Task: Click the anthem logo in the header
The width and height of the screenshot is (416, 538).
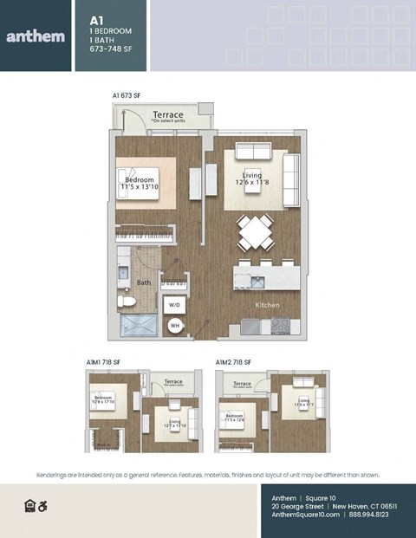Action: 35,36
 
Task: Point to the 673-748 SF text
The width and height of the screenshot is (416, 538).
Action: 111,49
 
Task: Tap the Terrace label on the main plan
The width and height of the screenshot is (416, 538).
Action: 167,114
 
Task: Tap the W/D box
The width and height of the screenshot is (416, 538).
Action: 174,305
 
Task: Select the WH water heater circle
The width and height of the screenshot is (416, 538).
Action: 174,326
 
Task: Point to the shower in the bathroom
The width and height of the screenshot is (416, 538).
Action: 140,326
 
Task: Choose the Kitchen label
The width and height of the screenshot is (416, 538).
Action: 266,306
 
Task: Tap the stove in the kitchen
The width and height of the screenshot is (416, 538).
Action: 282,326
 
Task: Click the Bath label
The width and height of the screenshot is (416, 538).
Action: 143,282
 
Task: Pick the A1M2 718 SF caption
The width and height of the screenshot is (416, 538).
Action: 233,361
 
